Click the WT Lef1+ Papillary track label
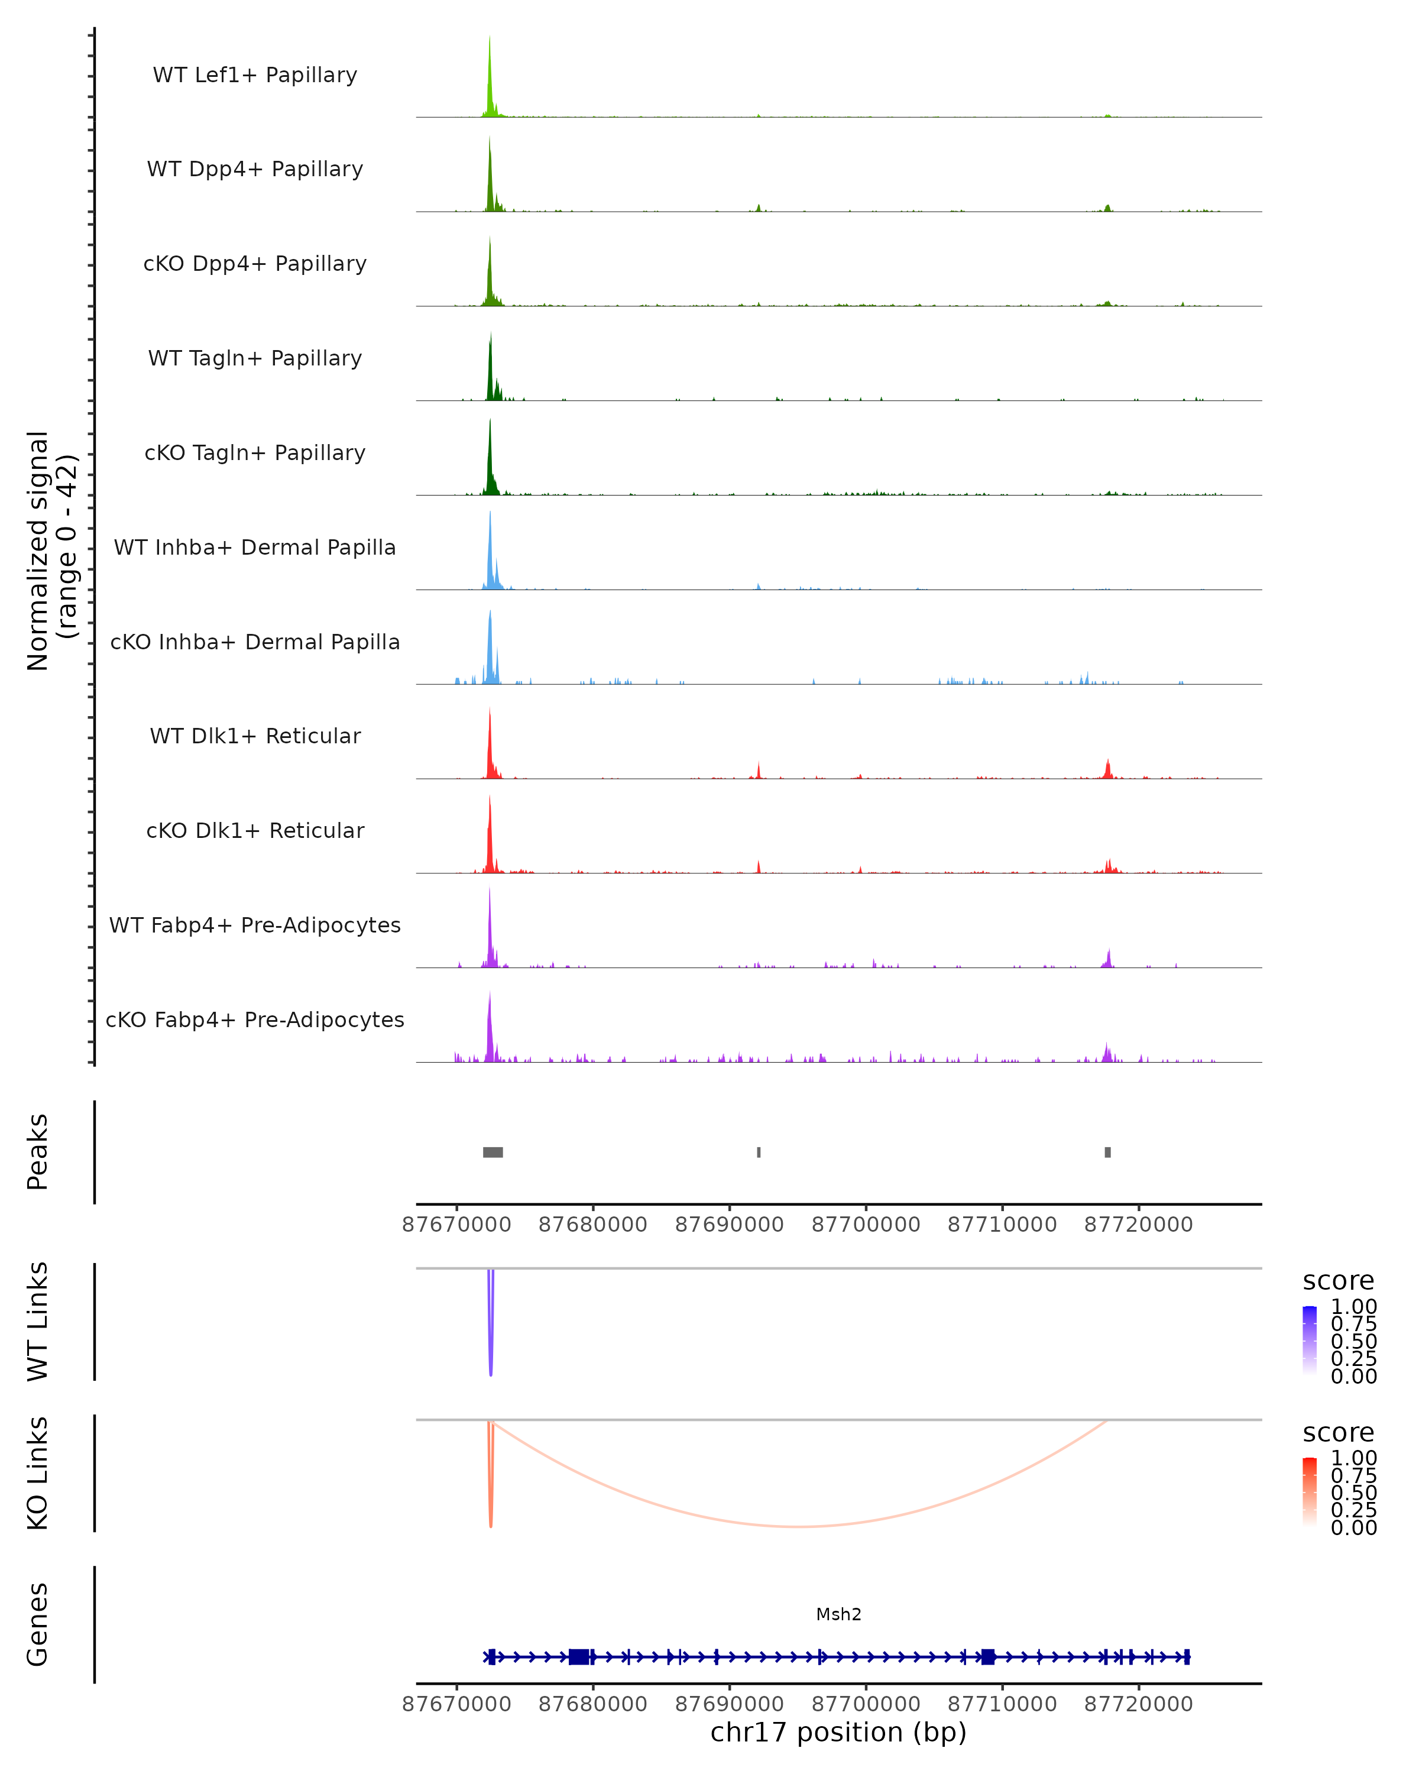point(255,75)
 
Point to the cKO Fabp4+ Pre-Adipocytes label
point(255,1019)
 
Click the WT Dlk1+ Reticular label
point(255,736)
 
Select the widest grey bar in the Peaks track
point(493,1152)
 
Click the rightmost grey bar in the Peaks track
point(1107,1152)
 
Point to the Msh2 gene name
point(838,1614)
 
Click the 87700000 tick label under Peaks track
point(866,1225)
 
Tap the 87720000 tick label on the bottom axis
point(1139,1704)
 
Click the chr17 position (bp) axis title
point(838,1733)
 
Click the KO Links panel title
point(37,1473)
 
